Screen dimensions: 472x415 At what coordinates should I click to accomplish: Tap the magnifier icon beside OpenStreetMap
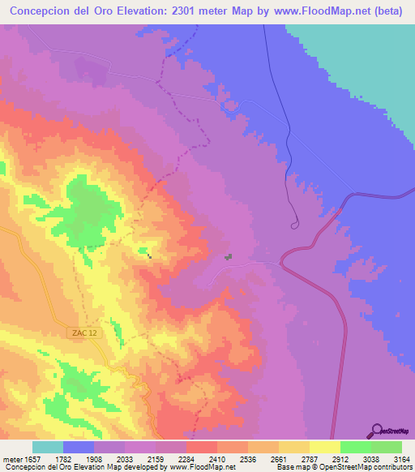pos(375,431)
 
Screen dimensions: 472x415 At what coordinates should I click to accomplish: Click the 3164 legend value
pos(402,457)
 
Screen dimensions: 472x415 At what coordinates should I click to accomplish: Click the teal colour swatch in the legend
pos(48,447)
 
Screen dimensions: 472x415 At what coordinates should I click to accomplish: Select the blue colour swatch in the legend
pos(79,447)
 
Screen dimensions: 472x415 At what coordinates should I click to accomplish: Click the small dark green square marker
pos(229,257)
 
